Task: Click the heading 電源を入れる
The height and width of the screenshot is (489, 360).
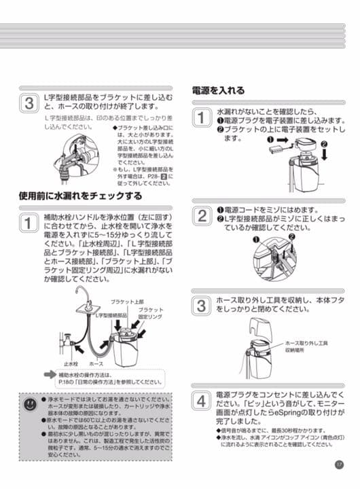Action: click(218, 90)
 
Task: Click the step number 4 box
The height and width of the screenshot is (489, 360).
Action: click(202, 401)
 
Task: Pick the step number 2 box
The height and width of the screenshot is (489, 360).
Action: click(202, 216)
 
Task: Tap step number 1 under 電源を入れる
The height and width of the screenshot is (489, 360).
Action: click(202, 117)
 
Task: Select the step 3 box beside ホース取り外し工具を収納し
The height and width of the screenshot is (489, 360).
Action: click(202, 305)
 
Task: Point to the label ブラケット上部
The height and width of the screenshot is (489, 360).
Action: click(127, 302)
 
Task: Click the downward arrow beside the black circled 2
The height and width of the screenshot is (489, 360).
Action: click(324, 155)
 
